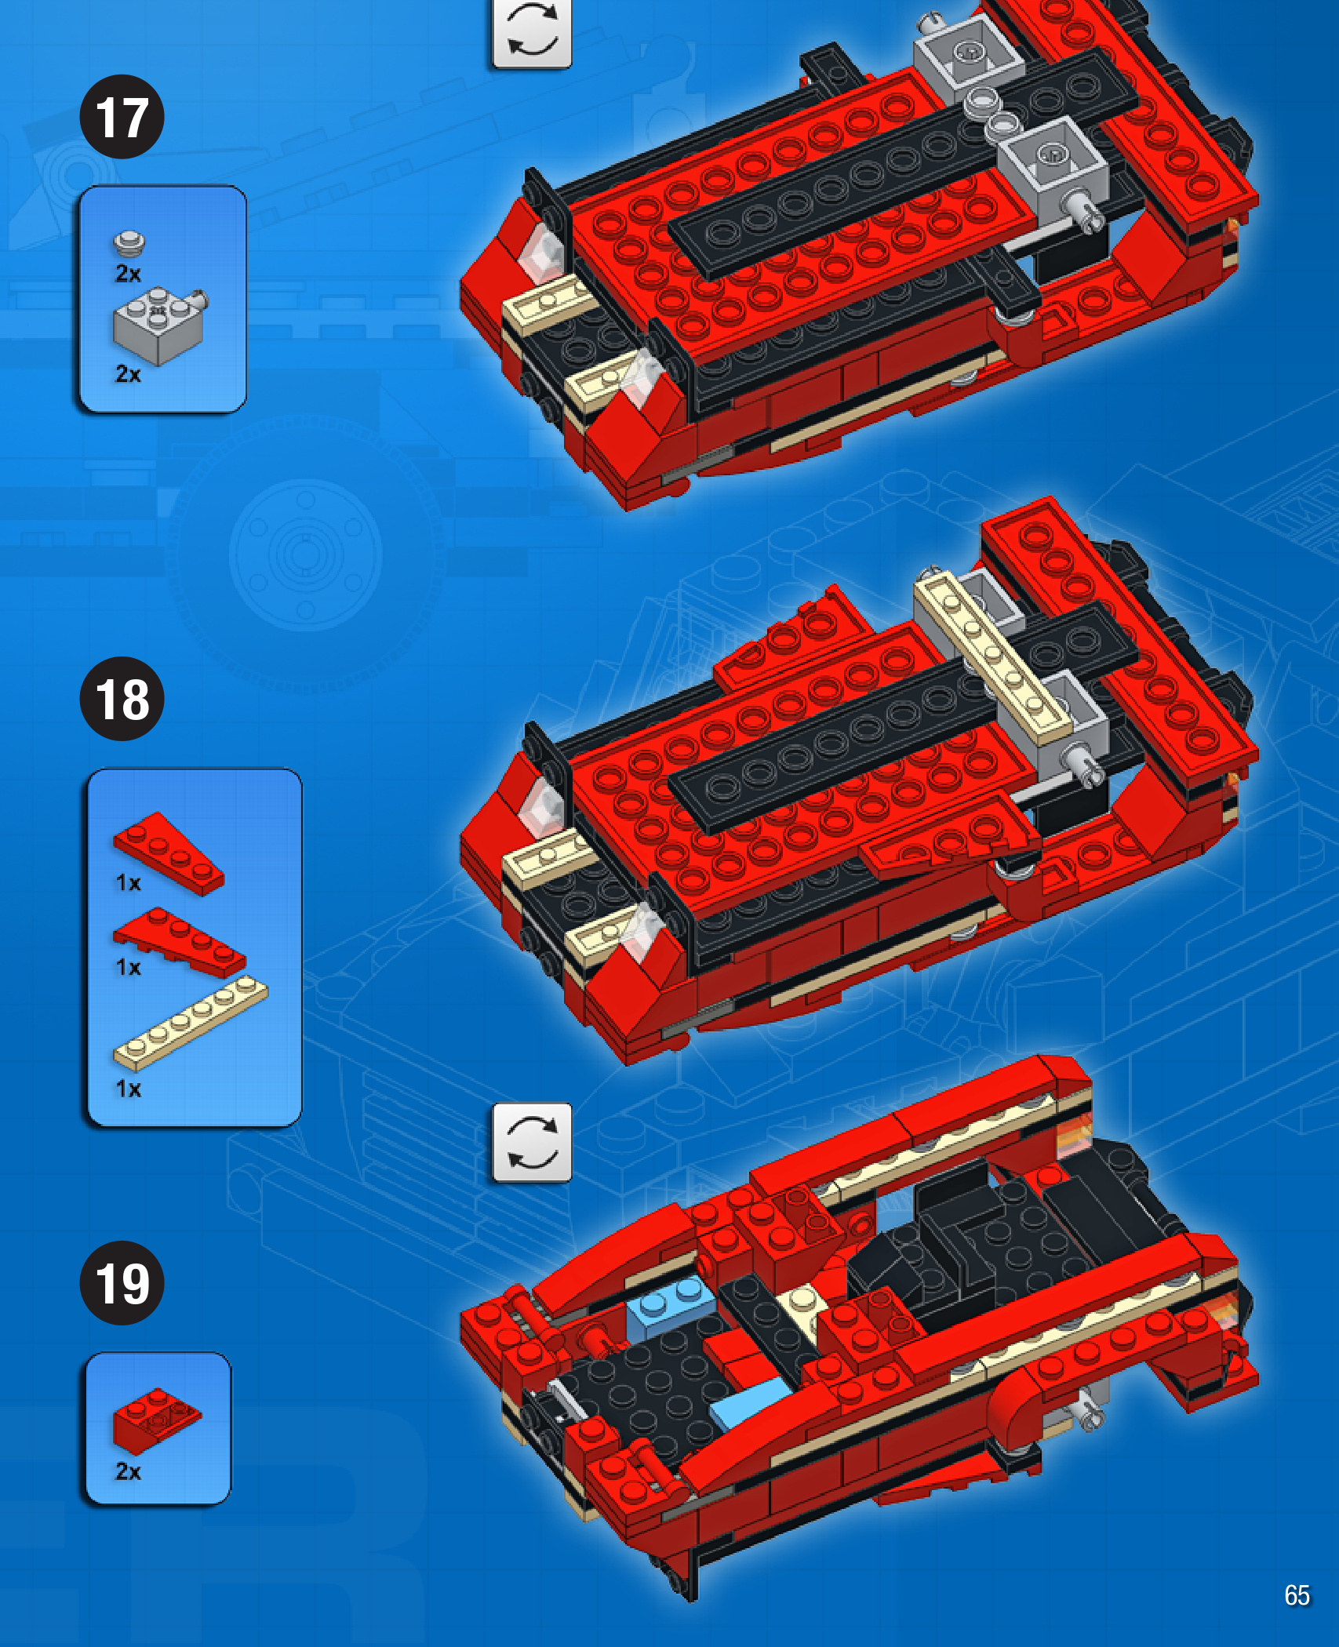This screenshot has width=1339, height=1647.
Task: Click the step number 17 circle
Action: click(x=122, y=117)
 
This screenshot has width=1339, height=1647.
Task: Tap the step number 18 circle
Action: click(x=122, y=699)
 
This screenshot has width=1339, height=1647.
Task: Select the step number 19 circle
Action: click(x=122, y=1283)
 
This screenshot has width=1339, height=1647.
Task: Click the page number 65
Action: click(x=1297, y=1594)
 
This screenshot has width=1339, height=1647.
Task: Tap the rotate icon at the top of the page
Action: click(x=532, y=33)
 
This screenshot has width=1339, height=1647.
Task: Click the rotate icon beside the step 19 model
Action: click(x=532, y=1143)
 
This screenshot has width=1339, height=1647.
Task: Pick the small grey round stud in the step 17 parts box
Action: click(x=129, y=243)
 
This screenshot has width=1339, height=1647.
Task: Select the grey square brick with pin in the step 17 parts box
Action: click(x=160, y=324)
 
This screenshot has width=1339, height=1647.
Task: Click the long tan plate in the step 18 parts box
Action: click(x=191, y=1023)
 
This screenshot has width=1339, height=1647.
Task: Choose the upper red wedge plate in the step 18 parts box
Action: click(x=168, y=853)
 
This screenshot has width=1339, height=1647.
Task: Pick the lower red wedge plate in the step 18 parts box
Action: click(x=180, y=942)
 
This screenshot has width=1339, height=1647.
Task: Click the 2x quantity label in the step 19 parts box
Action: click(x=129, y=1471)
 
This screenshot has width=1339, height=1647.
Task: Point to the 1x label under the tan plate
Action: click(x=129, y=1089)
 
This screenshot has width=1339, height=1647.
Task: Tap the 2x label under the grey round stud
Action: click(x=129, y=273)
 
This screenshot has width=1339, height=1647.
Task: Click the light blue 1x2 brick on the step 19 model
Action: click(x=671, y=1304)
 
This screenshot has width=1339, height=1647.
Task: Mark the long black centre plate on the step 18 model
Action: click(x=902, y=718)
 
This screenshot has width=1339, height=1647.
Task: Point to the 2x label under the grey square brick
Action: click(x=129, y=374)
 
